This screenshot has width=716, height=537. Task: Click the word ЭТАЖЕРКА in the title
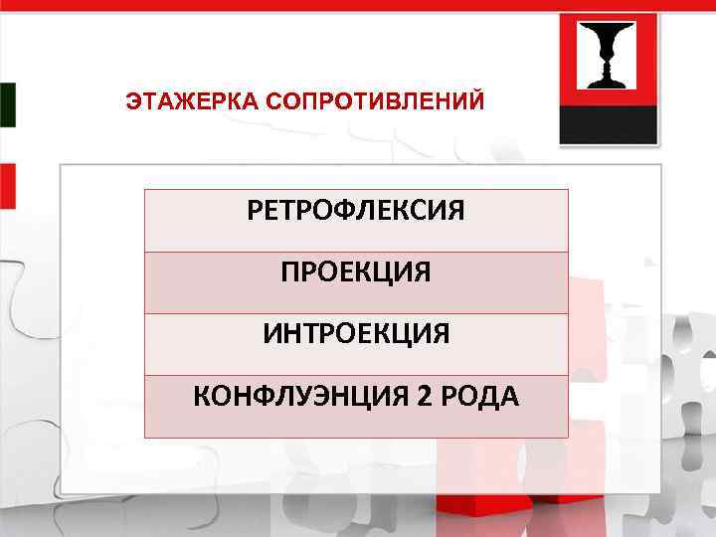pos(177,100)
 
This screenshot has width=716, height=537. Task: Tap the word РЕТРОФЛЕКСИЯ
pos(356,211)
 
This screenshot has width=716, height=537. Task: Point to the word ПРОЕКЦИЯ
pos(356,272)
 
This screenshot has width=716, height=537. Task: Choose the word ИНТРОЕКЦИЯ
pos(356,334)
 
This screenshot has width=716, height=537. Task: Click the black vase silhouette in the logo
pos(608,55)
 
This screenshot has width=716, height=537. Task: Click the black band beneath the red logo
pos(608,124)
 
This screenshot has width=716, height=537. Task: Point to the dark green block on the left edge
pos(7,104)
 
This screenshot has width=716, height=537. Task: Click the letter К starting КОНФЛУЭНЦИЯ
pos(201,397)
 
